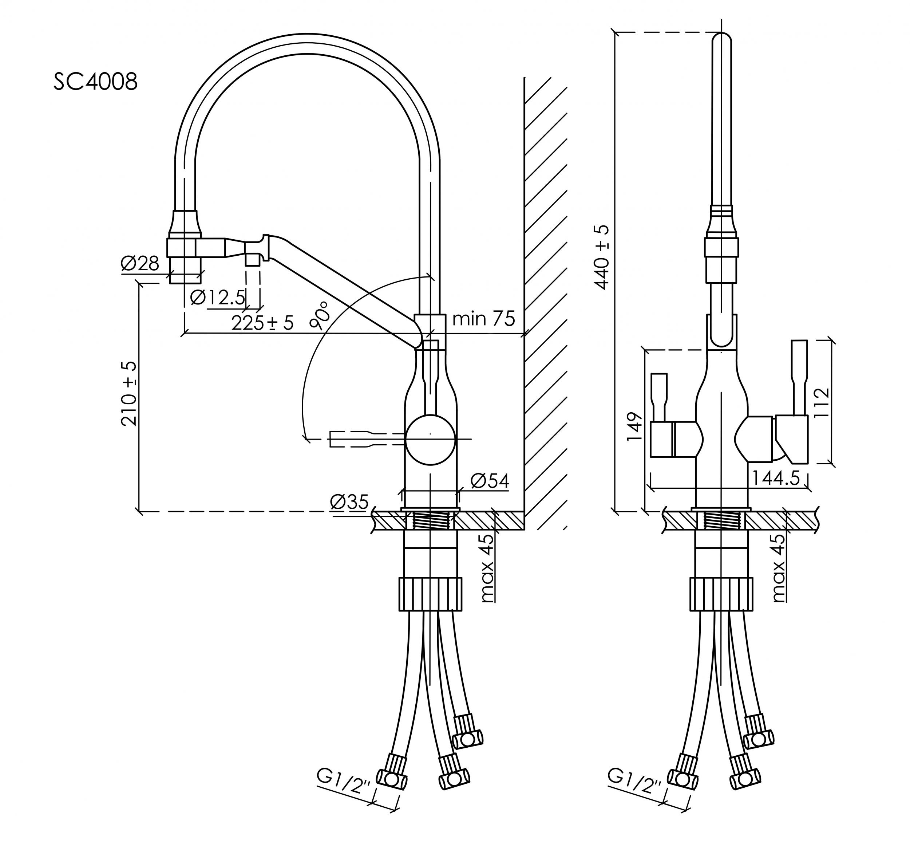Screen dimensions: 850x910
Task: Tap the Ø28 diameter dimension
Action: click(x=140, y=264)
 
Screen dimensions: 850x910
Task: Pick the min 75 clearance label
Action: click(x=484, y=318)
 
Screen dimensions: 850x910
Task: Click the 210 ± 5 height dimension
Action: click(x=129, y=394)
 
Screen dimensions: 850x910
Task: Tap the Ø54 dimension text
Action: click(x=489, y=481)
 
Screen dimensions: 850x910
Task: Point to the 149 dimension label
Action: click(x=635, y=427)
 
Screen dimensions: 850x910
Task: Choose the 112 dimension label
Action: click(x=822, y=402)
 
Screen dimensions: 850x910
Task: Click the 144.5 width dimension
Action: click(x=776, y=479)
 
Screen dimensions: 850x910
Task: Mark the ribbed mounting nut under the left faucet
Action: click(x=430, y=594)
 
